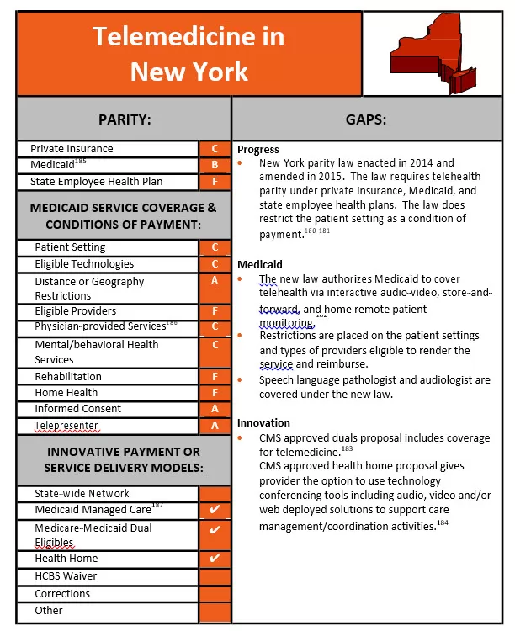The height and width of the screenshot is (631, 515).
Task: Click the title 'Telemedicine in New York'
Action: coord(188,53)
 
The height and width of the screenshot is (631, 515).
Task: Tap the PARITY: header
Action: coord(124,119)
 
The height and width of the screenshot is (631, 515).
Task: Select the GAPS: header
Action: coord(365,119)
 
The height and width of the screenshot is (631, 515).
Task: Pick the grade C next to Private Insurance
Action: coord(215,149)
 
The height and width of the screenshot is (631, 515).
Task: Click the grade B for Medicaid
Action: coord(215,165)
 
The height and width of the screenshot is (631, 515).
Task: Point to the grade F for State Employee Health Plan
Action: coord(215,182)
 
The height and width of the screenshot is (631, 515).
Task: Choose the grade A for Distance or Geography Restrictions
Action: coord(215,281)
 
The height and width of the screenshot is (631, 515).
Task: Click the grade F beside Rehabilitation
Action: coord(215,377)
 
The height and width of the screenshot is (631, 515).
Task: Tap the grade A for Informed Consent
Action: coord(215,409)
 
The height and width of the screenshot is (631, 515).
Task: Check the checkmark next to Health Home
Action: coord(215,559)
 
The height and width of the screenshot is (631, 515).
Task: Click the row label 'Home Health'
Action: coord(66,393)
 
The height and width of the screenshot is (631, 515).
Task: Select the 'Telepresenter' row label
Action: coord(66,426)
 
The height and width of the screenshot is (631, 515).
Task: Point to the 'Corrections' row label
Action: coord(62,594)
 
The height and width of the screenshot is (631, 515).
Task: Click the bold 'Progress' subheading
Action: coord(258,150)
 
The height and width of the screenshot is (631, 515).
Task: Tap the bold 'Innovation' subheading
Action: coord(263,423)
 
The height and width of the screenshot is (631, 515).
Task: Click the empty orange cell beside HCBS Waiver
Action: coord(215,576)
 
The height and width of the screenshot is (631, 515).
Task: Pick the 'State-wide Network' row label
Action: coord(82,494)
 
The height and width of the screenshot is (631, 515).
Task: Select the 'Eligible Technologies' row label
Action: coord(84,264)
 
